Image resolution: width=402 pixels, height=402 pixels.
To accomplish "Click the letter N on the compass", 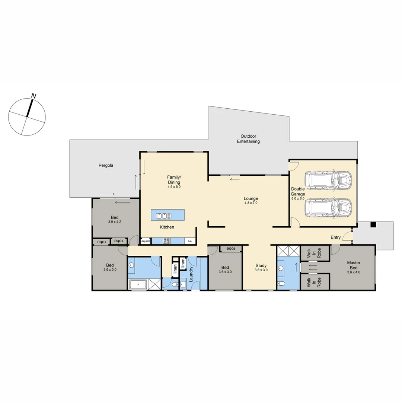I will pyautogui.click(x=34, y=96).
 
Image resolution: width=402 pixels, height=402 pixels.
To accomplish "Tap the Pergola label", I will pyautogui.click(x=106, y=165).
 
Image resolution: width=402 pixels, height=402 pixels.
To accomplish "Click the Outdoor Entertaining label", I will pyautogui.click(x=248, y=139).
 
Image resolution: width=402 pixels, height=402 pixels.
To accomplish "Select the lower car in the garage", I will pyautogui.click(x=328, y=207).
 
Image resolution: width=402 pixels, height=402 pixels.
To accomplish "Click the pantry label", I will pyautogui.click(x=146, y=241).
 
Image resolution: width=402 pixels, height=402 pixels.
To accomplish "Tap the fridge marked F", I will pyautogui.click(x=190, y=241).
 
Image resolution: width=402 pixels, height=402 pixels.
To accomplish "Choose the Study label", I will pyautogui.click(x=261, y=265).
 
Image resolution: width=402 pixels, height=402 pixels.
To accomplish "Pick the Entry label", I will pyautogui.click(x=335, y=237).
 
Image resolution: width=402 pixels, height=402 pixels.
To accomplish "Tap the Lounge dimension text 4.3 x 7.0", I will pyautogui.click(x=251, y=203).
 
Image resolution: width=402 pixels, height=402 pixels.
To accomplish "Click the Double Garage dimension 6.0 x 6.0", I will pyautogui.click(x=298, y=199).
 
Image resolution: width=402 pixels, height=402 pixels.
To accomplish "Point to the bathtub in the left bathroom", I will pyautogui.click(x=138, y=285).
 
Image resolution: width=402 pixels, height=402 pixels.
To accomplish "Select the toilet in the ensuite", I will pyautogui.click(x=282, y=284).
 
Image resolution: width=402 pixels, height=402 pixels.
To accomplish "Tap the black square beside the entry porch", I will pyautogui.click(x=373, y=224).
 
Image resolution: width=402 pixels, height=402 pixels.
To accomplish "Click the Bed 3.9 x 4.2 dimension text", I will pyautogui.click(x=115, y=222).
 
